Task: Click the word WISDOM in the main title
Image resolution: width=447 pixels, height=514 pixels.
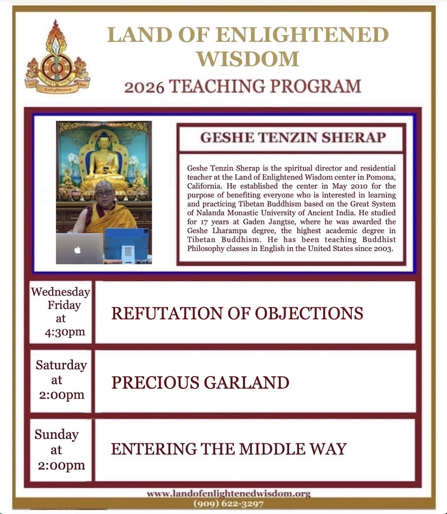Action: [x=248, y=59]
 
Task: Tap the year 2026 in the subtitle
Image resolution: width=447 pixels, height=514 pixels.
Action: [x=144, y=87]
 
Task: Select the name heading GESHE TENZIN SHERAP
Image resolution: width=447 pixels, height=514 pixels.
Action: [x=293, y=138]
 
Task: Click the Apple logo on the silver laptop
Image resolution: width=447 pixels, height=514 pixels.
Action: [x=78, y=250]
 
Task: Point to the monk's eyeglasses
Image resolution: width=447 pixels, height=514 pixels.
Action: [x=104, y=193]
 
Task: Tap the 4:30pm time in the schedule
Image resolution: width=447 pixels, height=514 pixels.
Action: [x=65, y=332]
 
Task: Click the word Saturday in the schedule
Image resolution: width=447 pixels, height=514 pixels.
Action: [x=61, y=365]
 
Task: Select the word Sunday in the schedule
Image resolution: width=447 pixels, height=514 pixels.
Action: [x=57, y=434]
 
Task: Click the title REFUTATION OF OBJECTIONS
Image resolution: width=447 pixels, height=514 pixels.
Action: [x=237, y=313]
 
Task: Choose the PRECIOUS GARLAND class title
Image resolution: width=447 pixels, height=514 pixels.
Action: [x=200, y=382]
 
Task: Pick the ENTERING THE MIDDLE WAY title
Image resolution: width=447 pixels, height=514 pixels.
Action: [x=229, y=449]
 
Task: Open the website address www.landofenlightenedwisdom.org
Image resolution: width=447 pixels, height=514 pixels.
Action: [x=228, y=493]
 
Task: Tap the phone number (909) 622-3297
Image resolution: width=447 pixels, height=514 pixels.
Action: [x=228, y=504]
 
